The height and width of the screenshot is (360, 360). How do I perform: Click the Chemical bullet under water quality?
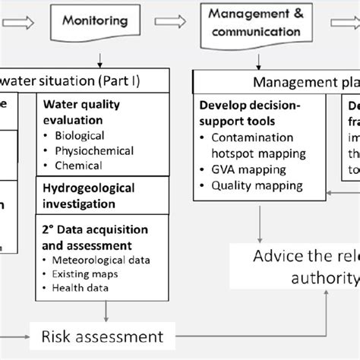[x=78, y=165]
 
